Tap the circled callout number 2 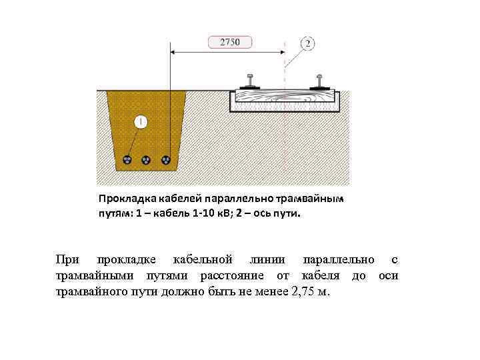[307, 44]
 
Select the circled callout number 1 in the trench [141, 122]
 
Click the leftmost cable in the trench [128, 160]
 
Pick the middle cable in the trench [147, 160]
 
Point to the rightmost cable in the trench [166, 160]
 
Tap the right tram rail [321, 81]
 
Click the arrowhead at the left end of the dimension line [174, 51]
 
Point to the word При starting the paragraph [67, 259]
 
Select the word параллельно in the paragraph [337, 259]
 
